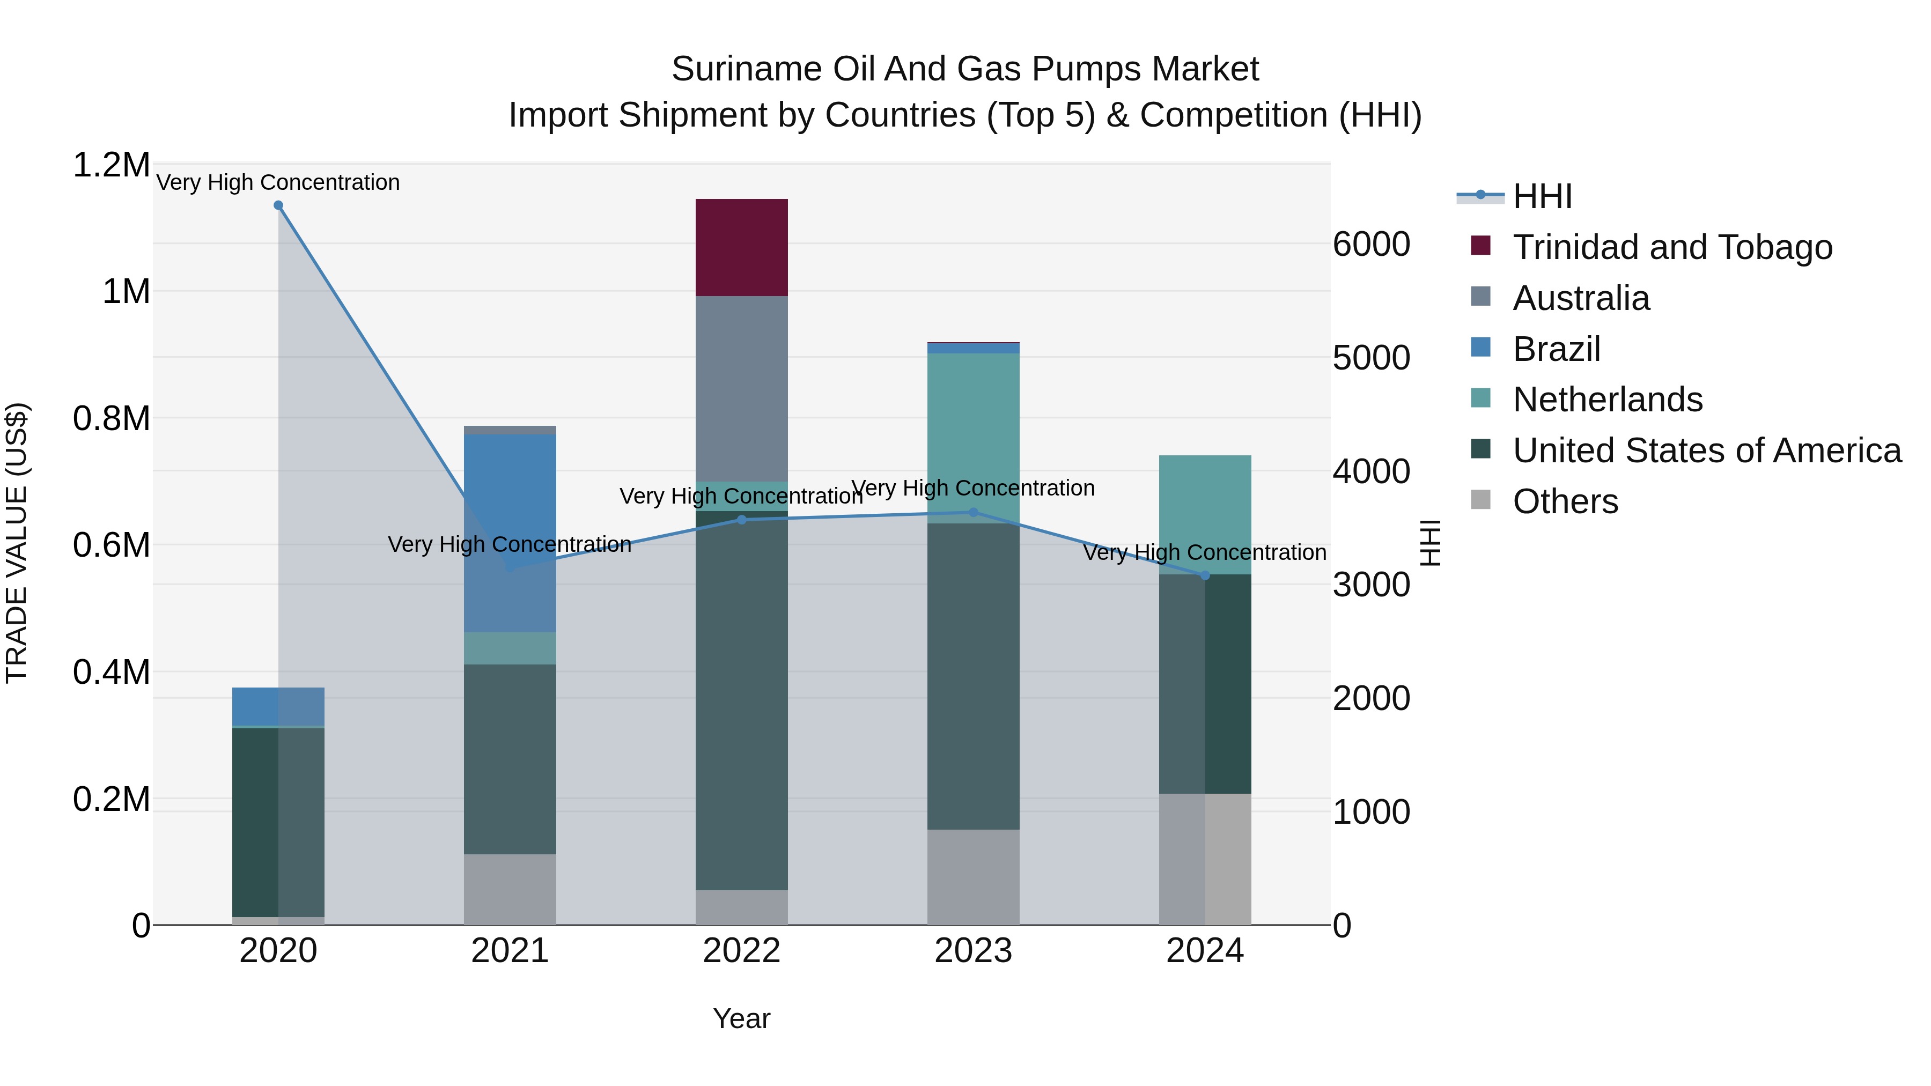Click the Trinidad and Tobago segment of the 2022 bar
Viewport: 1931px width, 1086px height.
pos(741,247)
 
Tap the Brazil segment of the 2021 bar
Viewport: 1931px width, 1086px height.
pos(510,524)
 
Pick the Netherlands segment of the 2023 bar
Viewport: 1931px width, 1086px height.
pos(973,435)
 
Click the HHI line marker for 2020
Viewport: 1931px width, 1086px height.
pos(278,205)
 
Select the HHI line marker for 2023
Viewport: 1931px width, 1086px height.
pos(973,513)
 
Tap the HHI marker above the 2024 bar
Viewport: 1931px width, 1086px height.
pos(1205,575)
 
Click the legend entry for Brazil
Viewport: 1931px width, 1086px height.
pos(1556,349)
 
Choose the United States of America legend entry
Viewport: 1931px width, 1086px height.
pos(1707,450)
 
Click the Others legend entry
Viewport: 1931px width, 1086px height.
pos(1565,501)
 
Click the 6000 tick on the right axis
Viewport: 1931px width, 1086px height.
pos(1371,245)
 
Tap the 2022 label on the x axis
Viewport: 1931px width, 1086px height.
pos(741,951)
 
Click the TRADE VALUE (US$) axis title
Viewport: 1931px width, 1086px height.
pos(17,543)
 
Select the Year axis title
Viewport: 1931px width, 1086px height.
pos(741,1018)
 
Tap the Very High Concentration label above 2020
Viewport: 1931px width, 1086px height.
pos(278,182)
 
